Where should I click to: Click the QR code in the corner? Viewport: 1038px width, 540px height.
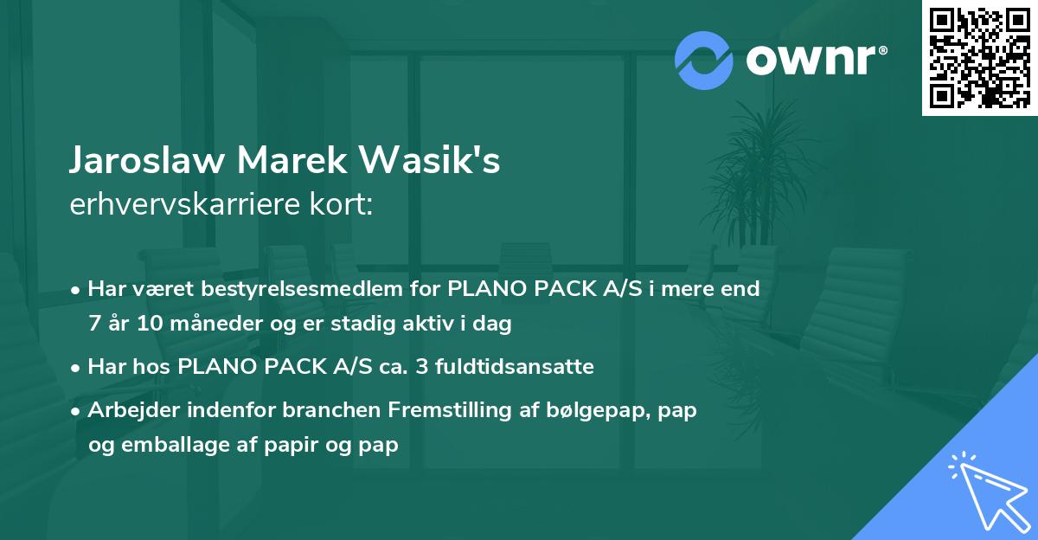(979, 57)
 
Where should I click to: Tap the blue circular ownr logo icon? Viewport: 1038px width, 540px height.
(703, 60)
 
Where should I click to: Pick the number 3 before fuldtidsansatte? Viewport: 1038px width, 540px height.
(422, 367)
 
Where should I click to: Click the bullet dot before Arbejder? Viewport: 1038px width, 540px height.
(76, 411)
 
